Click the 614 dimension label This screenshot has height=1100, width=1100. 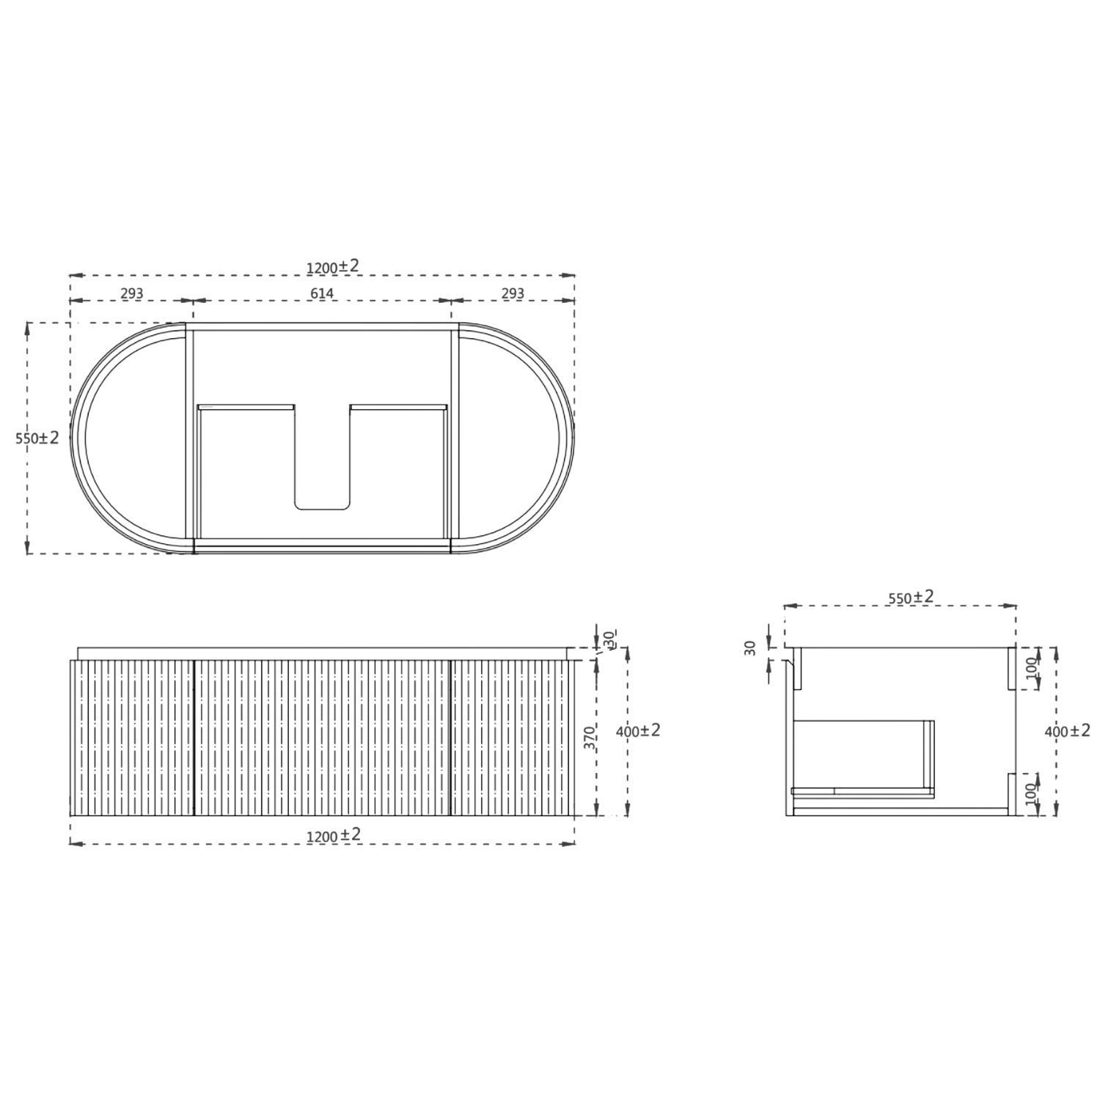click(321, 293)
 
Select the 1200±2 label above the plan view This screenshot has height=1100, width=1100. click(333, 266)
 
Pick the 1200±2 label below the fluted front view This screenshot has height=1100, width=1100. click(333, 835)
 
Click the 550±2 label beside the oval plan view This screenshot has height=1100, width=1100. click(37, 438)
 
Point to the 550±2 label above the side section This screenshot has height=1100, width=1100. click(911, 597)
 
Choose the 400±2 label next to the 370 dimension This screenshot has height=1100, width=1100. click(639, 730)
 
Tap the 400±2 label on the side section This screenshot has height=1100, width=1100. click(1068, 730)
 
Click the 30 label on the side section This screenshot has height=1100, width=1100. click(749, 648)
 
